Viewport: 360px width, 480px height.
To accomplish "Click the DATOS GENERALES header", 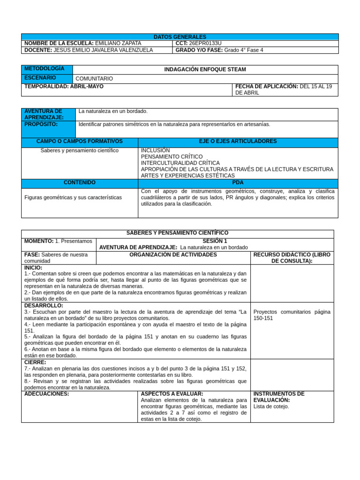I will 180,37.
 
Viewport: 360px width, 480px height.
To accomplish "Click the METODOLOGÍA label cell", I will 47,69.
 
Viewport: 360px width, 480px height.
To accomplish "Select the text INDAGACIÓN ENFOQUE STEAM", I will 205,69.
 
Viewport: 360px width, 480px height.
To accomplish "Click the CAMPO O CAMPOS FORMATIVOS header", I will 79,141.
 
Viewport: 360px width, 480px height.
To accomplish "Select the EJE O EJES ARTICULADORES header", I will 238,141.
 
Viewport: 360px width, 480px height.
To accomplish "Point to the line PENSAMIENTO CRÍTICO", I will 172,157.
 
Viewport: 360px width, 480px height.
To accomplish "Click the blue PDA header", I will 238,182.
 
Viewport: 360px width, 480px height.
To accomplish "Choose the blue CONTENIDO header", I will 79,182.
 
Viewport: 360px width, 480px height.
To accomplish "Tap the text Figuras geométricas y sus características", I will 73,197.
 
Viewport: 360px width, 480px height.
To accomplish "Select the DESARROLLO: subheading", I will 44,305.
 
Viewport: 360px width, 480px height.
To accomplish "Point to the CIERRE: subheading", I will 35,362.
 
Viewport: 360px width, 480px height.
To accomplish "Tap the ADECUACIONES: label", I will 46,394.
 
